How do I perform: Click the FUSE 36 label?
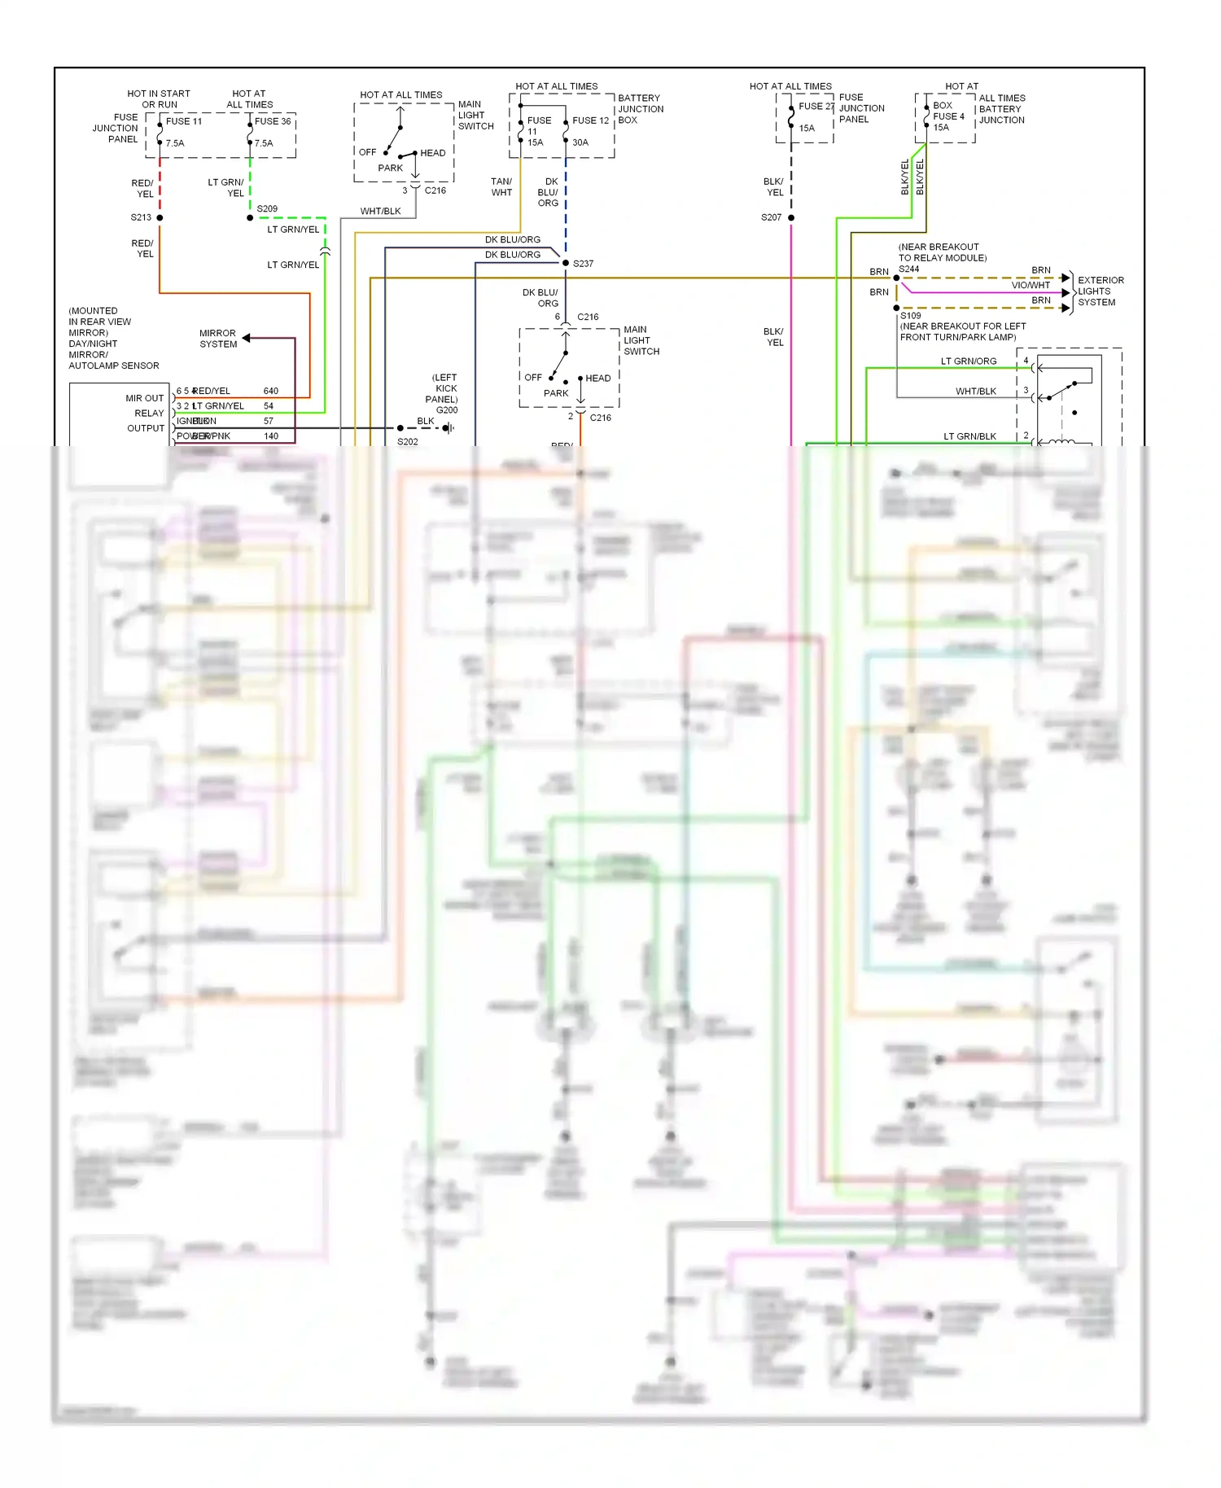click(x=273, y=121)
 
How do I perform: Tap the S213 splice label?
click(x=141, y=217)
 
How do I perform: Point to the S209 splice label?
click(x=267, y=209)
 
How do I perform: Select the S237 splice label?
click(x=583, y=264)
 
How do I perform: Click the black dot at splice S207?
click(x=791, y=217)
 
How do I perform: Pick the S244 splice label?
click(x=908, y=269)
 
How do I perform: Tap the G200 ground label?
click(x=447, y=410)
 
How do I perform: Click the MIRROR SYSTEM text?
click(x=218, y=339)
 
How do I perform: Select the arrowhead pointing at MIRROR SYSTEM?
click(x=246, y=338)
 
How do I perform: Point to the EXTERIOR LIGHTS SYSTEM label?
click(x=1100, y=291)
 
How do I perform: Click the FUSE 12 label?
click(x=590, y=120)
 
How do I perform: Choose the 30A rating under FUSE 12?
click(x=580, y=142)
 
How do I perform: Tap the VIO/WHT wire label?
click(x=1030, y=286)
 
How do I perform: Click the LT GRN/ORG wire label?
click(x=969, y=361)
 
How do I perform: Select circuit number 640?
click(x=271, y=392)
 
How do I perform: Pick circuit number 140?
click(x=271, y=436)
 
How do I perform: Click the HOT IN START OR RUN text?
click(x=159, y=99)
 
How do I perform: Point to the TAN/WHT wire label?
click(x=501, y=187)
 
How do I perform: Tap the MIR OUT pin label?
click(x=144, y=398)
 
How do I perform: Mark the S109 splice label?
click(x=910, y=316)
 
